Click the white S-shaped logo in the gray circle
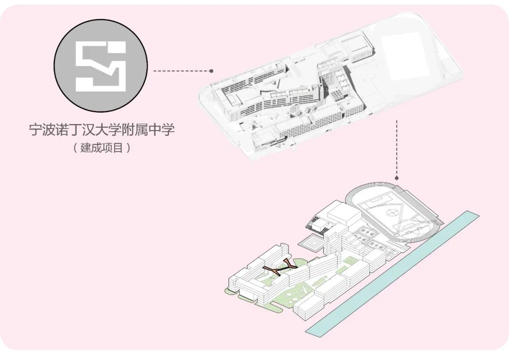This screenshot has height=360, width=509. [x=101, y=66]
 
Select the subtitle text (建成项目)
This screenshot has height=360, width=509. [x=101, y=147]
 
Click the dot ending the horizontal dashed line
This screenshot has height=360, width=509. [x=212, y=71]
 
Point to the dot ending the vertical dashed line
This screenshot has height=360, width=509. [x=397, y=178]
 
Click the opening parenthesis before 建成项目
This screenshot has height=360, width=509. [x=74, y=148]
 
